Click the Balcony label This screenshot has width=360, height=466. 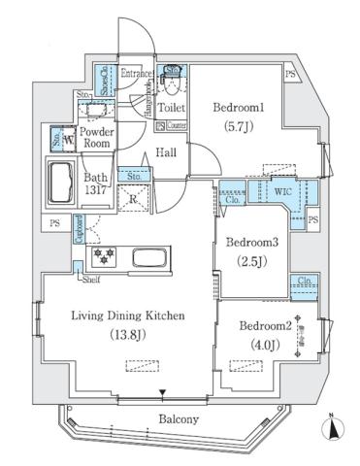tap(180, 419)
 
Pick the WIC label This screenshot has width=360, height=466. tap(282, 191)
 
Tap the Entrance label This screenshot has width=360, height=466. tap(138, 72)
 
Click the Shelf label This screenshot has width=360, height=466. tap(89, 282)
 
